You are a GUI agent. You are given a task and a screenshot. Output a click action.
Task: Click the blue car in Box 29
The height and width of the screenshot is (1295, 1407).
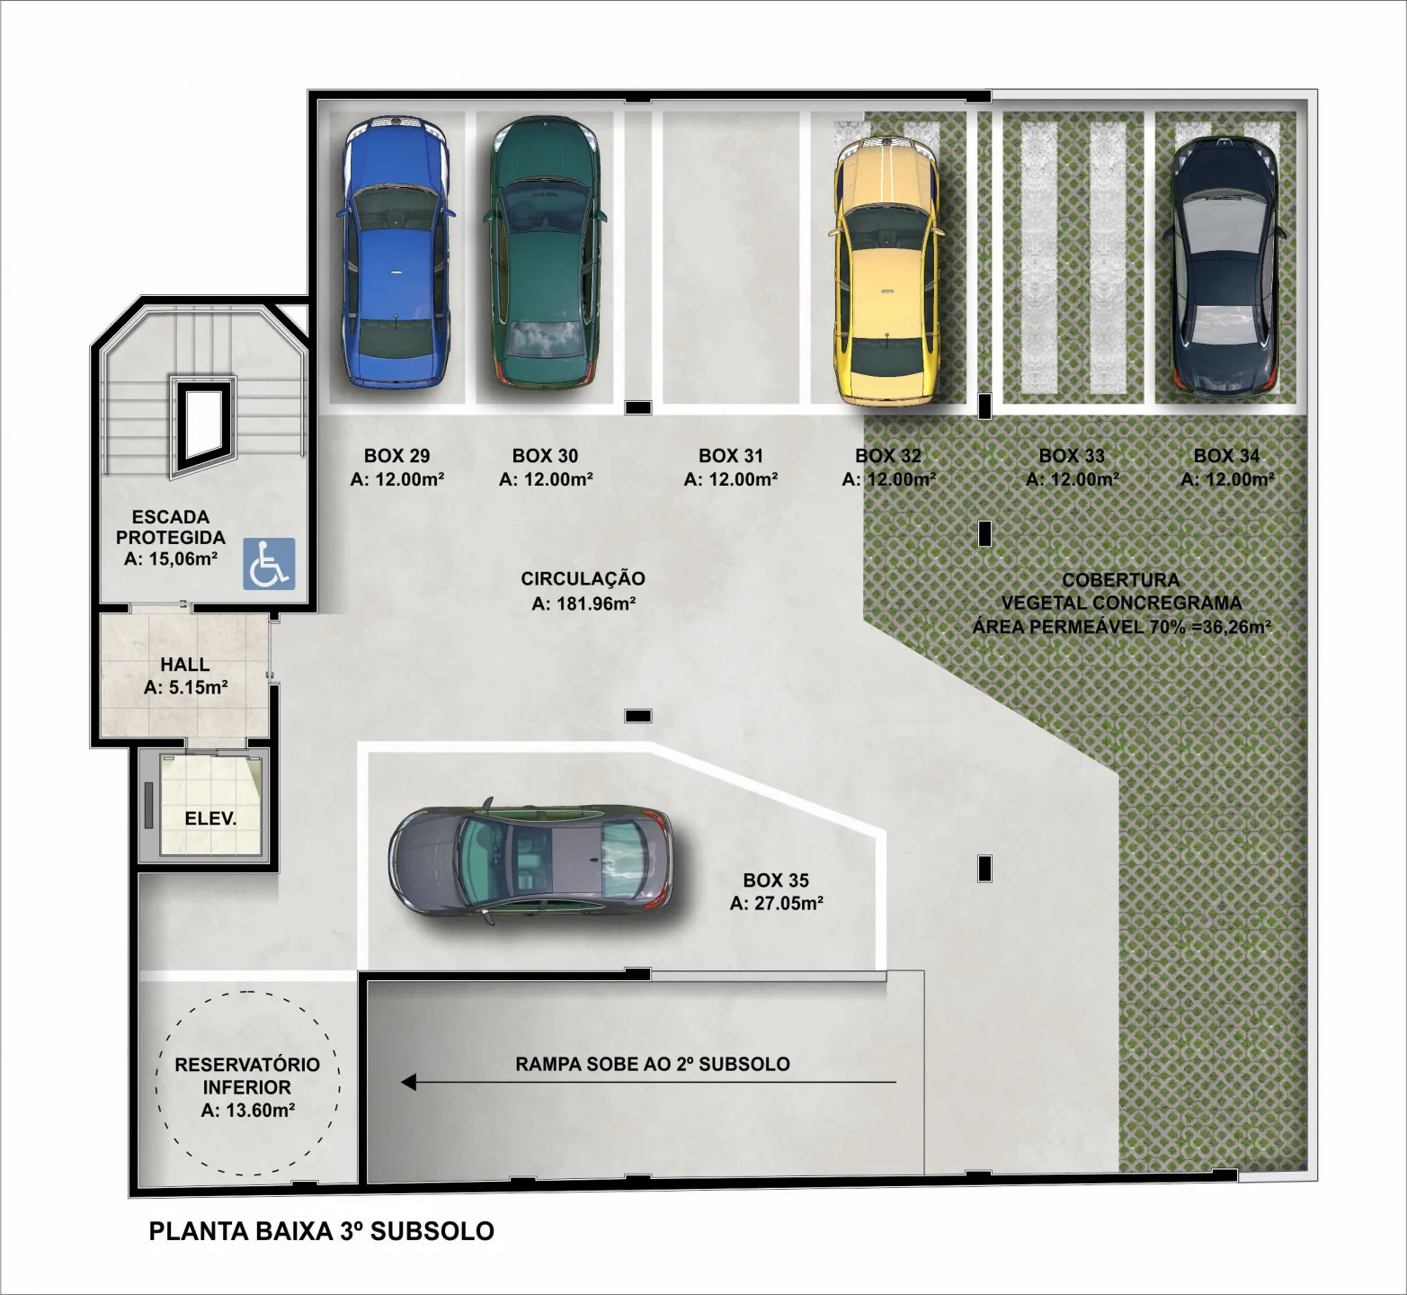[395, 253]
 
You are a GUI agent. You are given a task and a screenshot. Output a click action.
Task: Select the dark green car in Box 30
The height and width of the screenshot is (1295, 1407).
[544, 253]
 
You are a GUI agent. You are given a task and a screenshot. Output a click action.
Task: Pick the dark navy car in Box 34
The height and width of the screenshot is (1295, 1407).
[1224, 269]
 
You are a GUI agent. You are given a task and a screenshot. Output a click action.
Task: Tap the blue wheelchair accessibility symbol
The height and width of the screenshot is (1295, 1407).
[269, 564]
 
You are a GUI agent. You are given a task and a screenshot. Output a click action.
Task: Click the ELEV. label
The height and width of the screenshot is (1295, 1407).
[210, 819]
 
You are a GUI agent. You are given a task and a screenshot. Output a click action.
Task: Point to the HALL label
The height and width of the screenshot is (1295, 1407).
[185, 665]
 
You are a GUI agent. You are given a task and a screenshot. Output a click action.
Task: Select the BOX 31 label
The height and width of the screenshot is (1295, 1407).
[731, 456]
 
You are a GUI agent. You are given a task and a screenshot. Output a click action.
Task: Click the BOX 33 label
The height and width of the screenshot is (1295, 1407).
[1072, 456]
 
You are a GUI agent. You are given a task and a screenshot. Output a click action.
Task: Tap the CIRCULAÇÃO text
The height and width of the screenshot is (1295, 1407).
[583, 579]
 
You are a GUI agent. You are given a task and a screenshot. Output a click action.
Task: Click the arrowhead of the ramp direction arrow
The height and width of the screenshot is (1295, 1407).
[408, 1082]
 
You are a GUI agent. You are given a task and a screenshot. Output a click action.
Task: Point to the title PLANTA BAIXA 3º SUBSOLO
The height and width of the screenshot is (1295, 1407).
[322, 1231]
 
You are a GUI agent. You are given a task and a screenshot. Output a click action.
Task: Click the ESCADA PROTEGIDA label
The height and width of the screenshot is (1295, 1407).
[171, 527]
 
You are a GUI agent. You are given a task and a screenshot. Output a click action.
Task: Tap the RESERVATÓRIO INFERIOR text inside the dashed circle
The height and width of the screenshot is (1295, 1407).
[247, 1076]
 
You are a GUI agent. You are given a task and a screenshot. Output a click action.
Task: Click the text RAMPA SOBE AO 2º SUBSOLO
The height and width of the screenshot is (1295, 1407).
[653, 1064]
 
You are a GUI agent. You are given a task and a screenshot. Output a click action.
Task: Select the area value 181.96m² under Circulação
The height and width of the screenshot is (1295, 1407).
[596, 603]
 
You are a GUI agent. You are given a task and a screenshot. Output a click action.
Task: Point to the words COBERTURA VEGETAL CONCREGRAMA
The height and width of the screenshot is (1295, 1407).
[1121, 592]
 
